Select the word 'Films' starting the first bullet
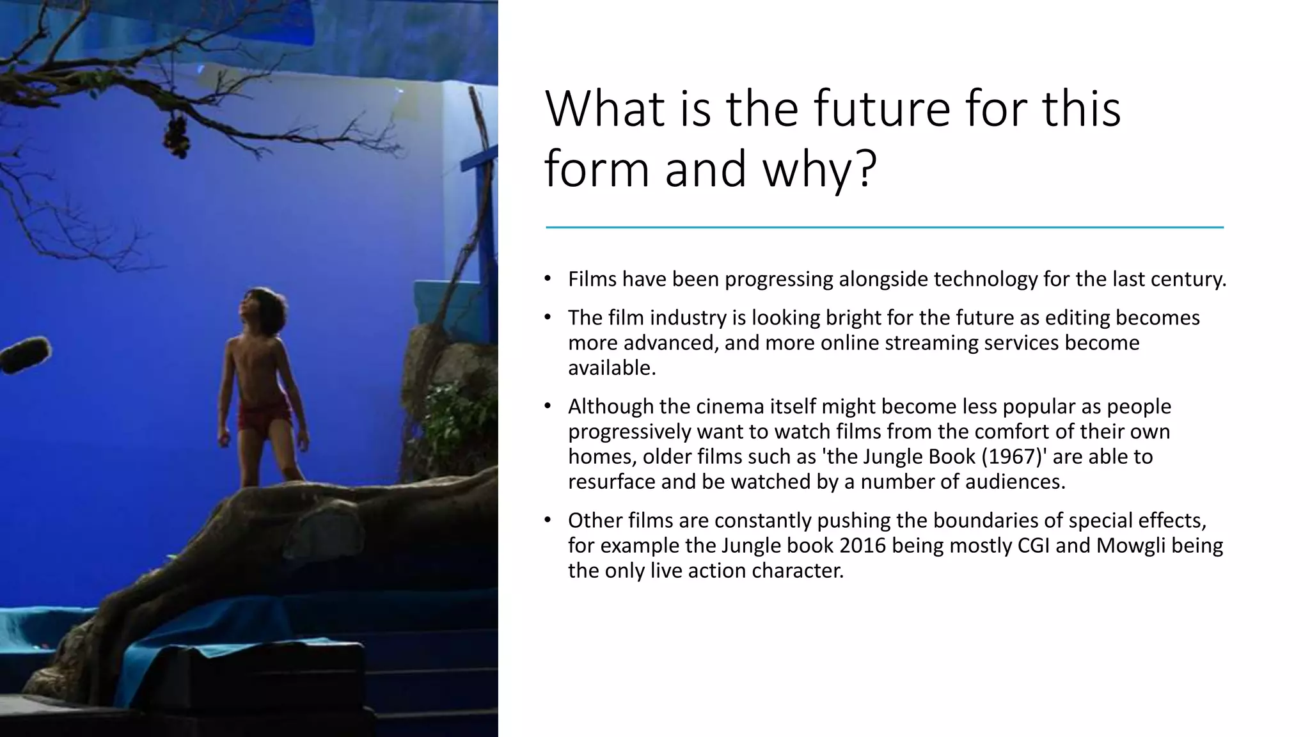tap(592, 280)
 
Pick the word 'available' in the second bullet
tap(610, 368)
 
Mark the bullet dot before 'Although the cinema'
tap(548, 406)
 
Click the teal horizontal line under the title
tap(884, 227)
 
